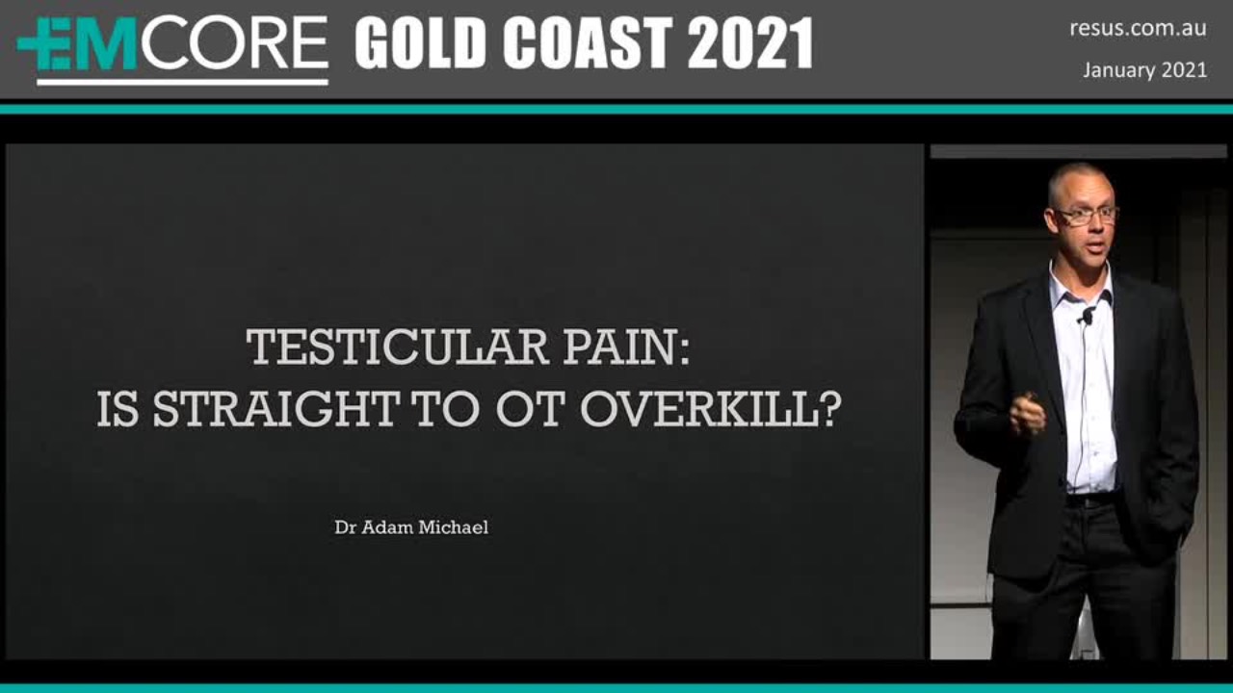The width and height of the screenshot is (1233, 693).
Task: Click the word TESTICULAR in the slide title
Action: tap(398, 347)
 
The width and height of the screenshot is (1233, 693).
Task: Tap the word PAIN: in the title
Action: tap(626, 347)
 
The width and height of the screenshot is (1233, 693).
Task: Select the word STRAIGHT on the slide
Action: tap(275, 409)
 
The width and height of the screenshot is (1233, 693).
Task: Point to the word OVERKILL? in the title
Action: tap(711, 409)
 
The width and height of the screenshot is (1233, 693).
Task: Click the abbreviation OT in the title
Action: tap(531, 409)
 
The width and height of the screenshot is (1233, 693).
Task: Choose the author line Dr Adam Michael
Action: tap(411, 527)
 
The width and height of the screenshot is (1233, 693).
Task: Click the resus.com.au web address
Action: tap(1138, 29)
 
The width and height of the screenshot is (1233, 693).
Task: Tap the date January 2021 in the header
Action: tap(1145, 70)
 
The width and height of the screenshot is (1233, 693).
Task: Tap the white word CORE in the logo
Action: tap(235, 43)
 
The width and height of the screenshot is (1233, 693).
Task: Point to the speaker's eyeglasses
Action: tap(1086, 215)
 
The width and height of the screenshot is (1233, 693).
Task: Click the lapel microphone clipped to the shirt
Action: tap(1087, 316)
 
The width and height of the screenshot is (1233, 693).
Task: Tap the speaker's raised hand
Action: tap(1027, 414)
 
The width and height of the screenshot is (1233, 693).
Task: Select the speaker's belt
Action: tap(1092, 500)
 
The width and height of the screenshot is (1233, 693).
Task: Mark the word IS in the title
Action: tap(117, 409)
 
